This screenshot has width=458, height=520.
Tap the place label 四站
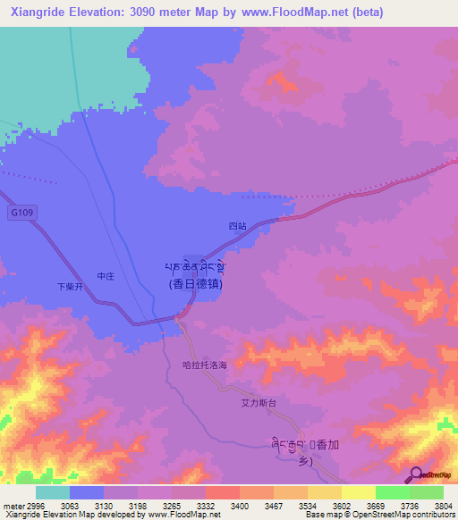tap(236, 227)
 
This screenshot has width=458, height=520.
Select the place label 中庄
tap(105, 276)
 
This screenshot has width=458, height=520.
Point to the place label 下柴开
tap(69, 288)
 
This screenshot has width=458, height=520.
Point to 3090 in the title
tap(148, 12)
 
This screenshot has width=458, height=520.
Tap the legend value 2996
tap(32, 505)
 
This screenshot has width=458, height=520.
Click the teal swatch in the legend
tap(53, 492)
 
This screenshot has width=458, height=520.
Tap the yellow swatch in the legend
tap(358, 492)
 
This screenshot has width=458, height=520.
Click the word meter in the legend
tap(11, 505)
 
